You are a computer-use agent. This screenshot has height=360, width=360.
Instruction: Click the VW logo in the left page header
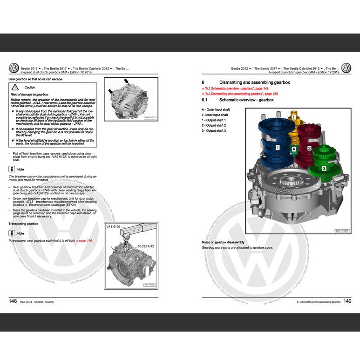pos(14,68)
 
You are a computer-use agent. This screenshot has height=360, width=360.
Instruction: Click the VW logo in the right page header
pos(346,68)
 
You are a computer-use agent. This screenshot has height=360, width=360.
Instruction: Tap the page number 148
pos(13,301)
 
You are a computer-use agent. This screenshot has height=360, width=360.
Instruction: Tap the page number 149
pos(347,301)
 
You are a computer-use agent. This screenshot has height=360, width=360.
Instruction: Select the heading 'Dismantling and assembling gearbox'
pos(254,82)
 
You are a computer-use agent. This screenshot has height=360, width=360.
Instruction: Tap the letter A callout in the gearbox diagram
pos(294,149)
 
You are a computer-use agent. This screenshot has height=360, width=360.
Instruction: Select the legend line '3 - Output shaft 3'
pos(214,131)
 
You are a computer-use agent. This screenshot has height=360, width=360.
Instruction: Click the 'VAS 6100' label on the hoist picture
pos(113,226)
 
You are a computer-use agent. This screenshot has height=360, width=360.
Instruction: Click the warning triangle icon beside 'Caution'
pos(16,88)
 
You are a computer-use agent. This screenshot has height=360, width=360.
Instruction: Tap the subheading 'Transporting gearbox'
pos(23,224)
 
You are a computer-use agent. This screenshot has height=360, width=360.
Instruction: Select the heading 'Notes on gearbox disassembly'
pos(223,242)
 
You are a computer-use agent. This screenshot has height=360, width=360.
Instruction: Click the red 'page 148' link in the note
pos(83,240)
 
